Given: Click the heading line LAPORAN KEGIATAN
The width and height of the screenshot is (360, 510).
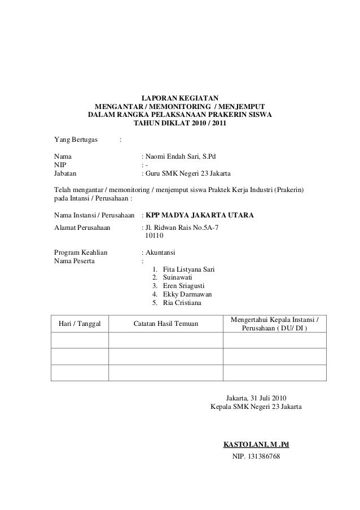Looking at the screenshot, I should [x=180, y=98].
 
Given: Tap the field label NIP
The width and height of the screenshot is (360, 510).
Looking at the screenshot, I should [x=59, y=164].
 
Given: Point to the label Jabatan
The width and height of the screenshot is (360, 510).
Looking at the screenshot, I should [x=65, y=173].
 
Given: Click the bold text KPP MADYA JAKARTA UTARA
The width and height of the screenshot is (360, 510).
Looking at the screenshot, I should [x=199, y=216].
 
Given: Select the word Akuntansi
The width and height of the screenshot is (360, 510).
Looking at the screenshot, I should [x=161, y=252].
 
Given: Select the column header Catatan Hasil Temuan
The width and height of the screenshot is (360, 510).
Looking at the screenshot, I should [x=166, y=324].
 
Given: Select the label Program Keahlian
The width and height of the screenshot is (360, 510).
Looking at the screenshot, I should [x=80, y=252].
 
